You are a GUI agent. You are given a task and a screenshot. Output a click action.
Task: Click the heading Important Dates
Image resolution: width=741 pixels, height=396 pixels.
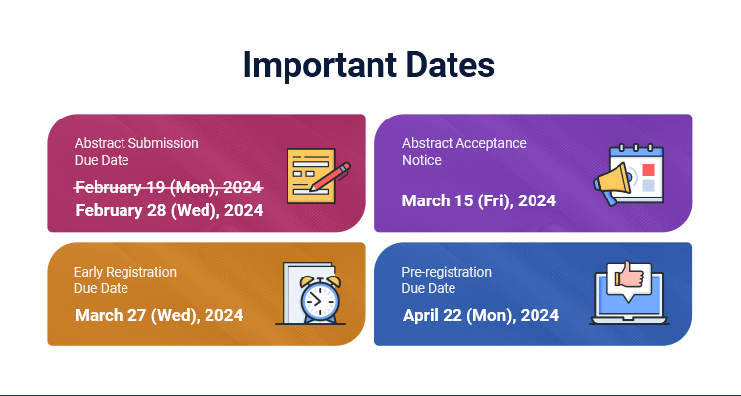369,65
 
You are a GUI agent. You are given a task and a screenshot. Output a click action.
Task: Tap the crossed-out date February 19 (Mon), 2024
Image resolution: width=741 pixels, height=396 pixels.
169,187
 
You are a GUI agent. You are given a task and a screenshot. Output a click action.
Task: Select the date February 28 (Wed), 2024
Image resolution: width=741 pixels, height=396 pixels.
169,210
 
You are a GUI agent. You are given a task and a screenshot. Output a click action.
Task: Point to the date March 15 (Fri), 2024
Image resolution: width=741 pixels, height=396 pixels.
479,200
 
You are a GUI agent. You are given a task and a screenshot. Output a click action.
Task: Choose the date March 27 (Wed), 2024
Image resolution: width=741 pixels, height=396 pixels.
159,315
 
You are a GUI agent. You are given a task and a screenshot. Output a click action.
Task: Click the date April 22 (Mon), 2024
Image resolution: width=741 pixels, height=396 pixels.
481,315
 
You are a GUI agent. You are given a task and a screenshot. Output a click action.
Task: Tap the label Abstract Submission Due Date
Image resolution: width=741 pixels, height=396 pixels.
136,152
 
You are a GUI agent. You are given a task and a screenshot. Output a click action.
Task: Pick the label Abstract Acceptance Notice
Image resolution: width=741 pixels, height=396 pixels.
464,152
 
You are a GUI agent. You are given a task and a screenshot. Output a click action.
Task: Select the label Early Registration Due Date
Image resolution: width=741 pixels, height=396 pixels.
125,280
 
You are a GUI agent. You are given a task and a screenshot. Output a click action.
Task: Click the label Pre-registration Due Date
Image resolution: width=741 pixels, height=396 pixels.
447,280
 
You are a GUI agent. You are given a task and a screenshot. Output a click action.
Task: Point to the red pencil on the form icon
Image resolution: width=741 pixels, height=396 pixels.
330,176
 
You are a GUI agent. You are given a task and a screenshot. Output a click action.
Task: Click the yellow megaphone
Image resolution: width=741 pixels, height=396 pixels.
613,183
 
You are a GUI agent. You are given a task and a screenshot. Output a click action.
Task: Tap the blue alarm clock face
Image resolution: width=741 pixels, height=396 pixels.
320,300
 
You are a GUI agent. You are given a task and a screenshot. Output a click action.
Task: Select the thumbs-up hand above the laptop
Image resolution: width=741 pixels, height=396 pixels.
629,277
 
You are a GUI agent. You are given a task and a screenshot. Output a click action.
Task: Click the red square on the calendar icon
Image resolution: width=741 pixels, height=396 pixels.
648,170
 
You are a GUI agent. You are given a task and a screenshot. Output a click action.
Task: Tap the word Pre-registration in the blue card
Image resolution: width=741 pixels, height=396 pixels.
447,272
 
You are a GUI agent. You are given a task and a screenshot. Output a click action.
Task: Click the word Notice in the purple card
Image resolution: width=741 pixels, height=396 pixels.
422,160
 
